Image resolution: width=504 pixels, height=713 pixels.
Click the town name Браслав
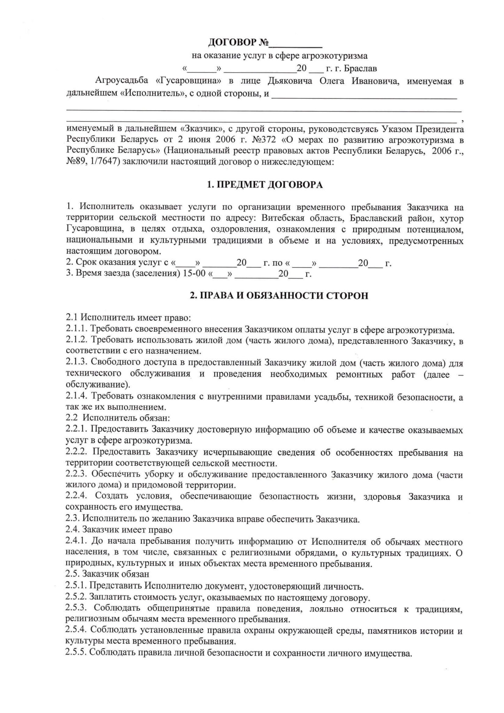pyautogui.click(x=360, y=68)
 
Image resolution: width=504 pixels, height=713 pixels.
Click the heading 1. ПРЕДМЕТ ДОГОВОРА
pyautogui.click(x=265, y=185)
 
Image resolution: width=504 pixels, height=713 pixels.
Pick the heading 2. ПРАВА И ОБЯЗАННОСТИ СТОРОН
pyautogui.click(x=279, y=296)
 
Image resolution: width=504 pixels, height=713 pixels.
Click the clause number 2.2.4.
pyautogui.click(x=77, y=497)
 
